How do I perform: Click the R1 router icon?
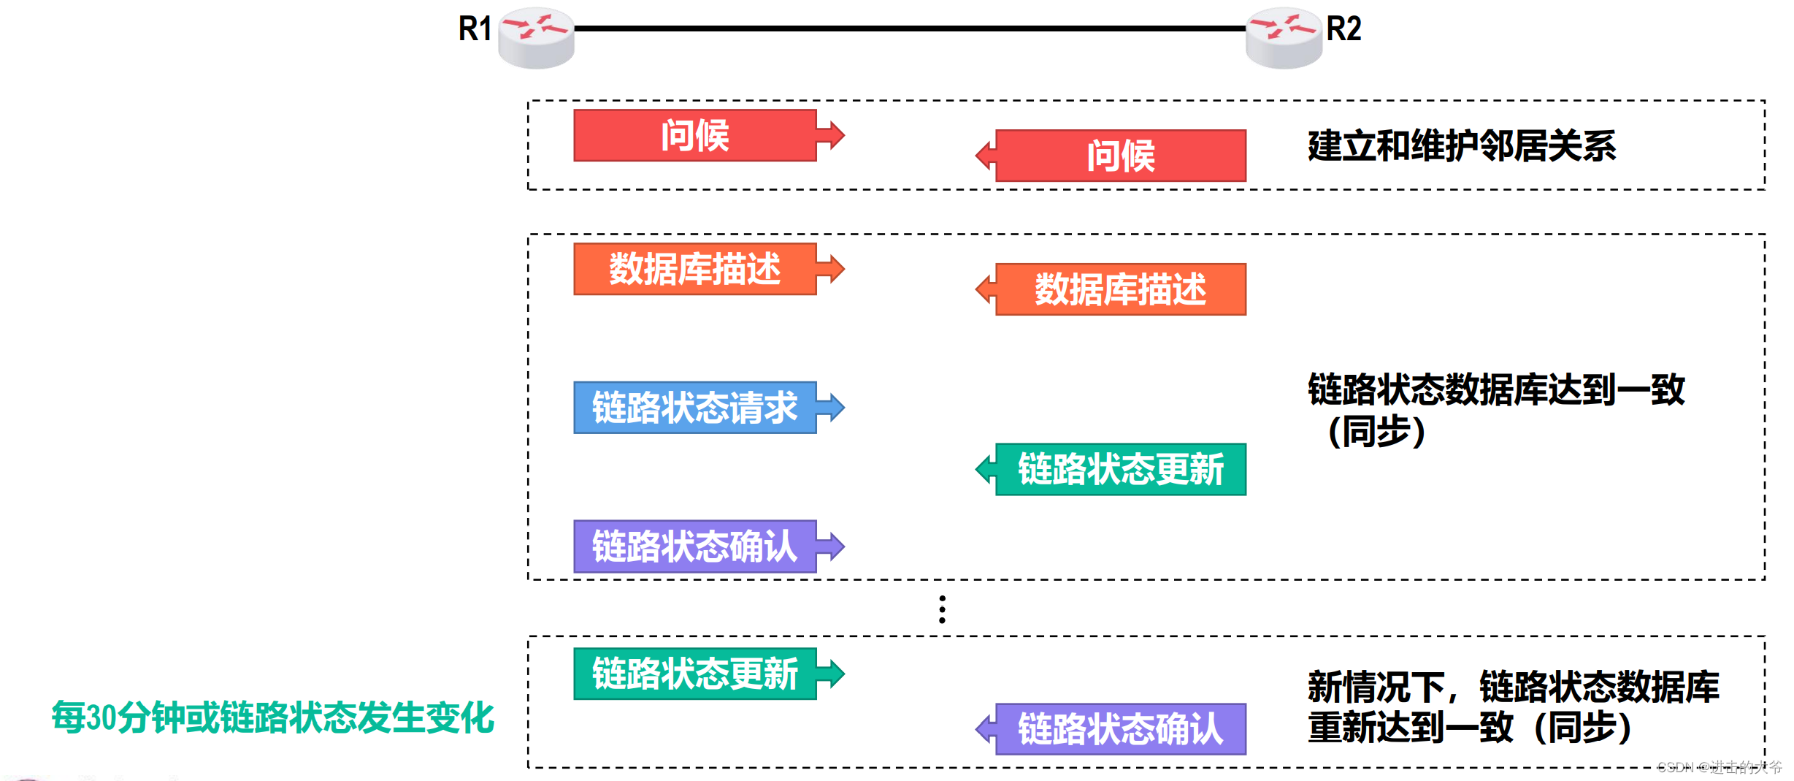536,38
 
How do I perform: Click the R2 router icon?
1283,38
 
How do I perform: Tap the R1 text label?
475,29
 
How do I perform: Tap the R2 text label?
1343,29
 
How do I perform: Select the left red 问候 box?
694,135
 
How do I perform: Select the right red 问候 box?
1121,156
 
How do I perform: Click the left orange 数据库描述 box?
694,269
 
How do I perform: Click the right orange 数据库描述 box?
1121,289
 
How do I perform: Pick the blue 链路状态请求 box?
694,408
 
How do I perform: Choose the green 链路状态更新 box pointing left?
1121,469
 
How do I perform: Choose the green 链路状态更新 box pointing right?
694,674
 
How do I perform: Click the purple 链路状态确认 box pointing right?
694,546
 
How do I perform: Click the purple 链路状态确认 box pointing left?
1121,729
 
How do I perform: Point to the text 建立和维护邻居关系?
1462,146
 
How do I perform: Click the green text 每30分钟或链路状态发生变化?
273,717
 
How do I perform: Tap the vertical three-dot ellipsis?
942,609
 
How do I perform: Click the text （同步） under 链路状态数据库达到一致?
1376,431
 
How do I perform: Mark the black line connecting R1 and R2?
909,28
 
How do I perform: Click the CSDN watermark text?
1719,767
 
